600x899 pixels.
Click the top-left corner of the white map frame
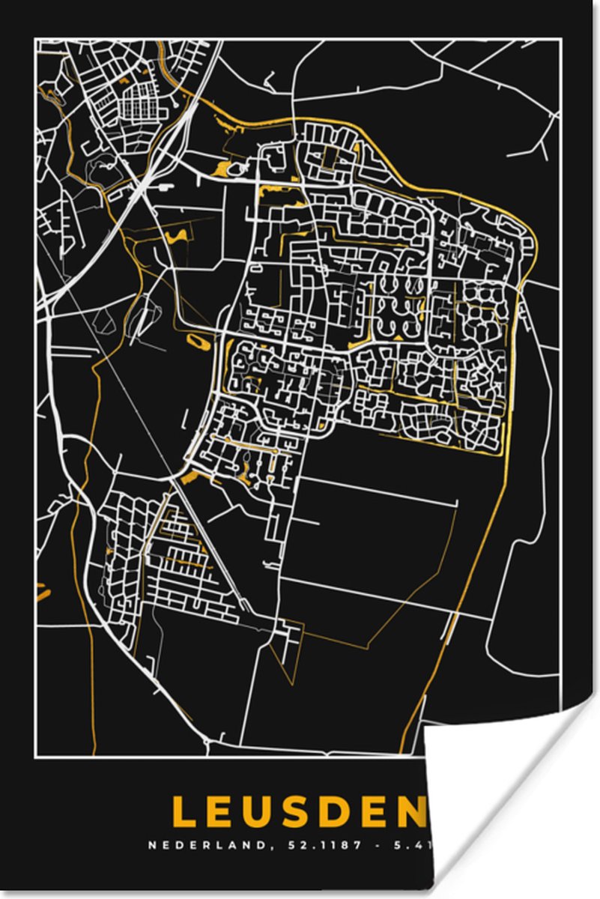[x=36, y=40]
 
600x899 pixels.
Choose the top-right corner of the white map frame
[x=560, y=40]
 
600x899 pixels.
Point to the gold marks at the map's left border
[x=42, y=592]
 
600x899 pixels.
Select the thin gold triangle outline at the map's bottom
[x=288, y=652]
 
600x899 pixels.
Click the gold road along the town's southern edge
[x=434, y=451]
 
